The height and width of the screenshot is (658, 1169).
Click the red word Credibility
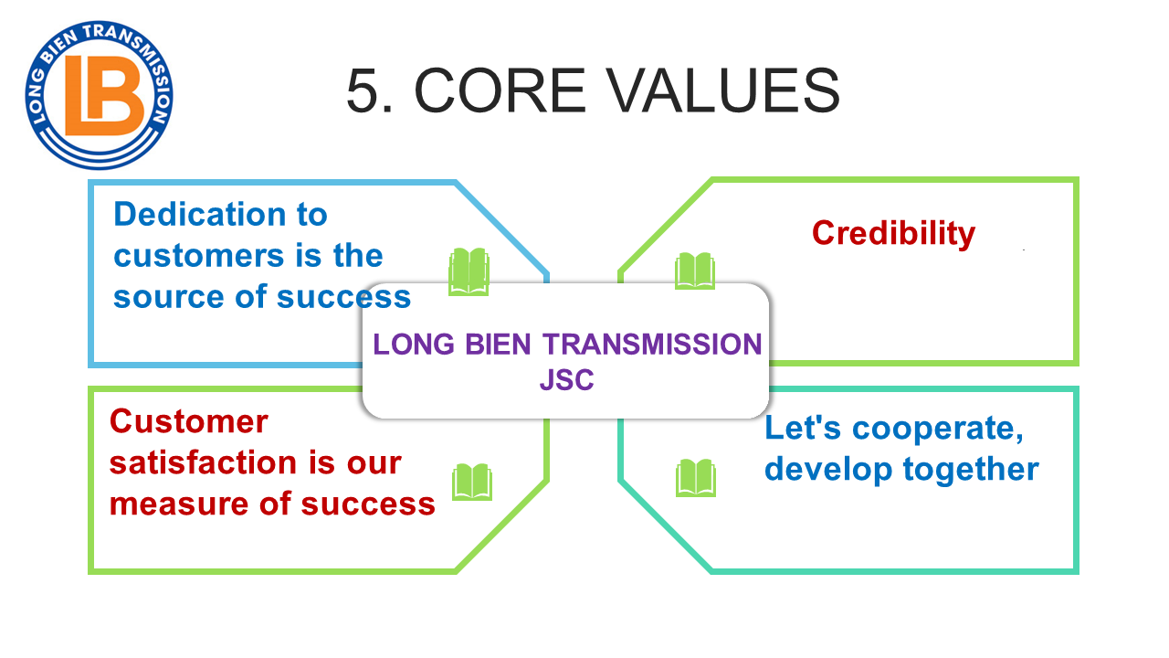coord(893,233)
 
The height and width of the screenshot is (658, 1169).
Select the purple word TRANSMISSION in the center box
coord(652,345)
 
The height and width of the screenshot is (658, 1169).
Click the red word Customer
coord(188,421)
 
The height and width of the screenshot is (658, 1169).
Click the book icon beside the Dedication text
coord(469,272)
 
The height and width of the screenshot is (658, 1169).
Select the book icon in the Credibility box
coord(694,271)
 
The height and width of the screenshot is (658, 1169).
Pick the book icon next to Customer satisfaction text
coord(472,482)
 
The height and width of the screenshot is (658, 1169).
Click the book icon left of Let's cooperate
coord(695,478)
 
